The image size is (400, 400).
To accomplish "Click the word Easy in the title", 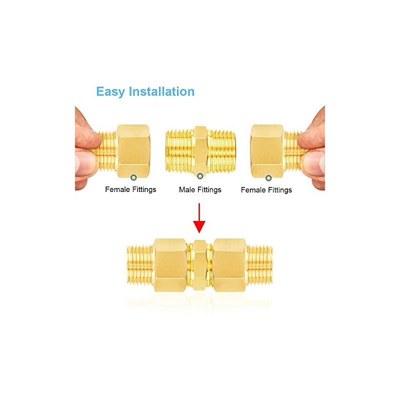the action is pyautogui.click(x=110, y=92).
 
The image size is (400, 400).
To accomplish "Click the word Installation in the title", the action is pyautogui.click(x=161, y=91).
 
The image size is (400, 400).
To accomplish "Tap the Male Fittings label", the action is pyautogui.click(x=200, y=190).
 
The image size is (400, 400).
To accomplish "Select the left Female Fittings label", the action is pyautogui.click(x=130, y=189).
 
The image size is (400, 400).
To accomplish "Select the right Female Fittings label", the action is pyautogui.click(x=266, y=190).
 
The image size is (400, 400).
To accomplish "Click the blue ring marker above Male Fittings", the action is pyautogui.click(x=200, y=176).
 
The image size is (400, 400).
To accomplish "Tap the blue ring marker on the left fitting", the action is pyautogui.click(x=133, y=177).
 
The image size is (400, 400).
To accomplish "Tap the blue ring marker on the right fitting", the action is pyautogui.click(x=268, y=178).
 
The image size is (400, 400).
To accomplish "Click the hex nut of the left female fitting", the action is pyautogui.click(x=133, y=151).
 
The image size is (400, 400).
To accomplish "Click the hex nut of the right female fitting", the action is pyautogui.click(x=267, y=151).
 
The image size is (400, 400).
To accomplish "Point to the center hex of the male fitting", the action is pyautogui.click(x=200, y=150).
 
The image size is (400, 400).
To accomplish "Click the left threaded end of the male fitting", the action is pyautogui.click(x=180, y=150).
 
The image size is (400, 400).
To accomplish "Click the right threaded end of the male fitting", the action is pyautogui.click(x=221, y=150).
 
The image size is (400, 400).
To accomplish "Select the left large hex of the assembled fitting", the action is pyautogui.click(x=170, y=265).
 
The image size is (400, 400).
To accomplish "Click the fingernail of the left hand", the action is pyautogui.click(x=83, y=163).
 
